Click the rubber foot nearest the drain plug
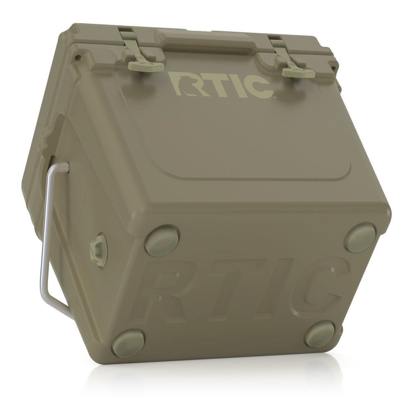161,240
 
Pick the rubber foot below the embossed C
321,334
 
